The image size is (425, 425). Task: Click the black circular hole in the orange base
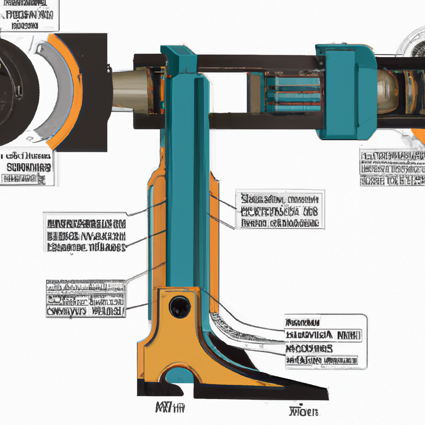(x=180, y=307)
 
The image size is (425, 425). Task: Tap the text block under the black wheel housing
(x=27, y=168)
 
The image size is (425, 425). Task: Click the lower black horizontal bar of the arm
(x=266, y=121)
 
